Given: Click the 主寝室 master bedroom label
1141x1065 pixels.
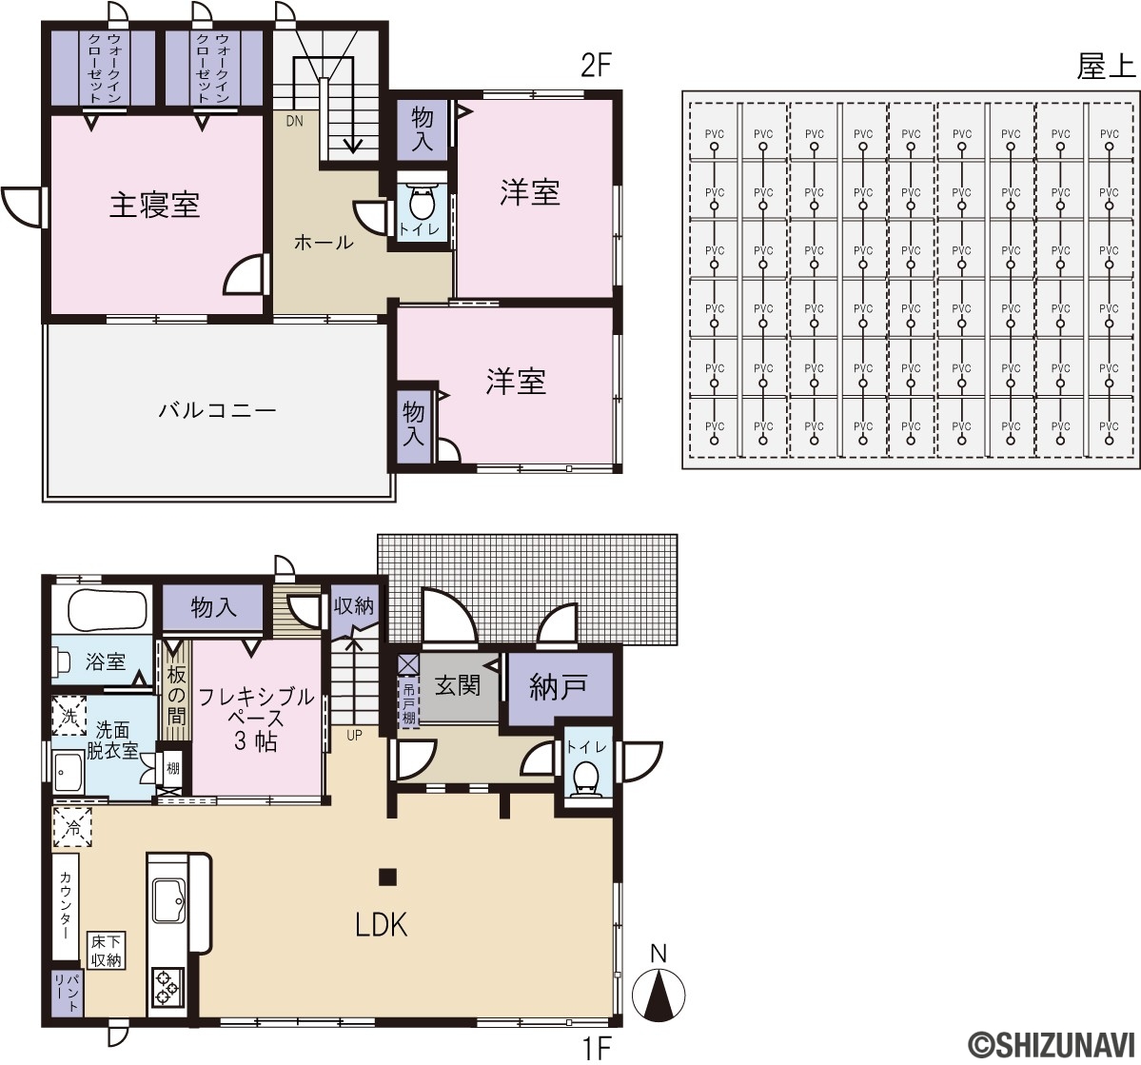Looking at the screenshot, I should pyautogui.click(x=154, y=205).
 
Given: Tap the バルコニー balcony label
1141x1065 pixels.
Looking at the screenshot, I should pyautogui.click(x=217, y=411).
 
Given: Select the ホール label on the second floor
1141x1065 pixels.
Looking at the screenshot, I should pyautogui.click(x=324, y=243).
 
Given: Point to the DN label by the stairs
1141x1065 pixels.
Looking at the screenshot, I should pyautogui.click(x=294, y=121).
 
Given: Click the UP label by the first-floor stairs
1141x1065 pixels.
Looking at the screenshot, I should pyautogui.click(x=354, y=735).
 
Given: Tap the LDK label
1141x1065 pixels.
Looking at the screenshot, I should pyautogui.click(x=382, y=924).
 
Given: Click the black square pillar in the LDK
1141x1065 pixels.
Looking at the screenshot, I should pyautogui.click(x=386, y=877).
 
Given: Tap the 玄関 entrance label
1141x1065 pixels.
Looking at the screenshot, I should pyautogui.click(x=458, y=684).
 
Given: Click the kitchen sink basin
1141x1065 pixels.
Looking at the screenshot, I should pyautogui.click(x=168, y=900).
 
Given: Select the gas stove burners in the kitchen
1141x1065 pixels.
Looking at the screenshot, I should pyautogui.click(x=167, y=986).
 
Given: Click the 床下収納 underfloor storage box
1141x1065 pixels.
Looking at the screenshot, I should pyautogui.click(x=106, y=950).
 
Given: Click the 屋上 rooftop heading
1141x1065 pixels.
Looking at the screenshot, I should pyautogui.click(x=1106, y=68).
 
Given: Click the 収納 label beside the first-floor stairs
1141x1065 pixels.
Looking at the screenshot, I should pyautogui.click(x=354, y=606).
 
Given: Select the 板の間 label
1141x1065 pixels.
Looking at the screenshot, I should pyautogui.click(x=176, y=695).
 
